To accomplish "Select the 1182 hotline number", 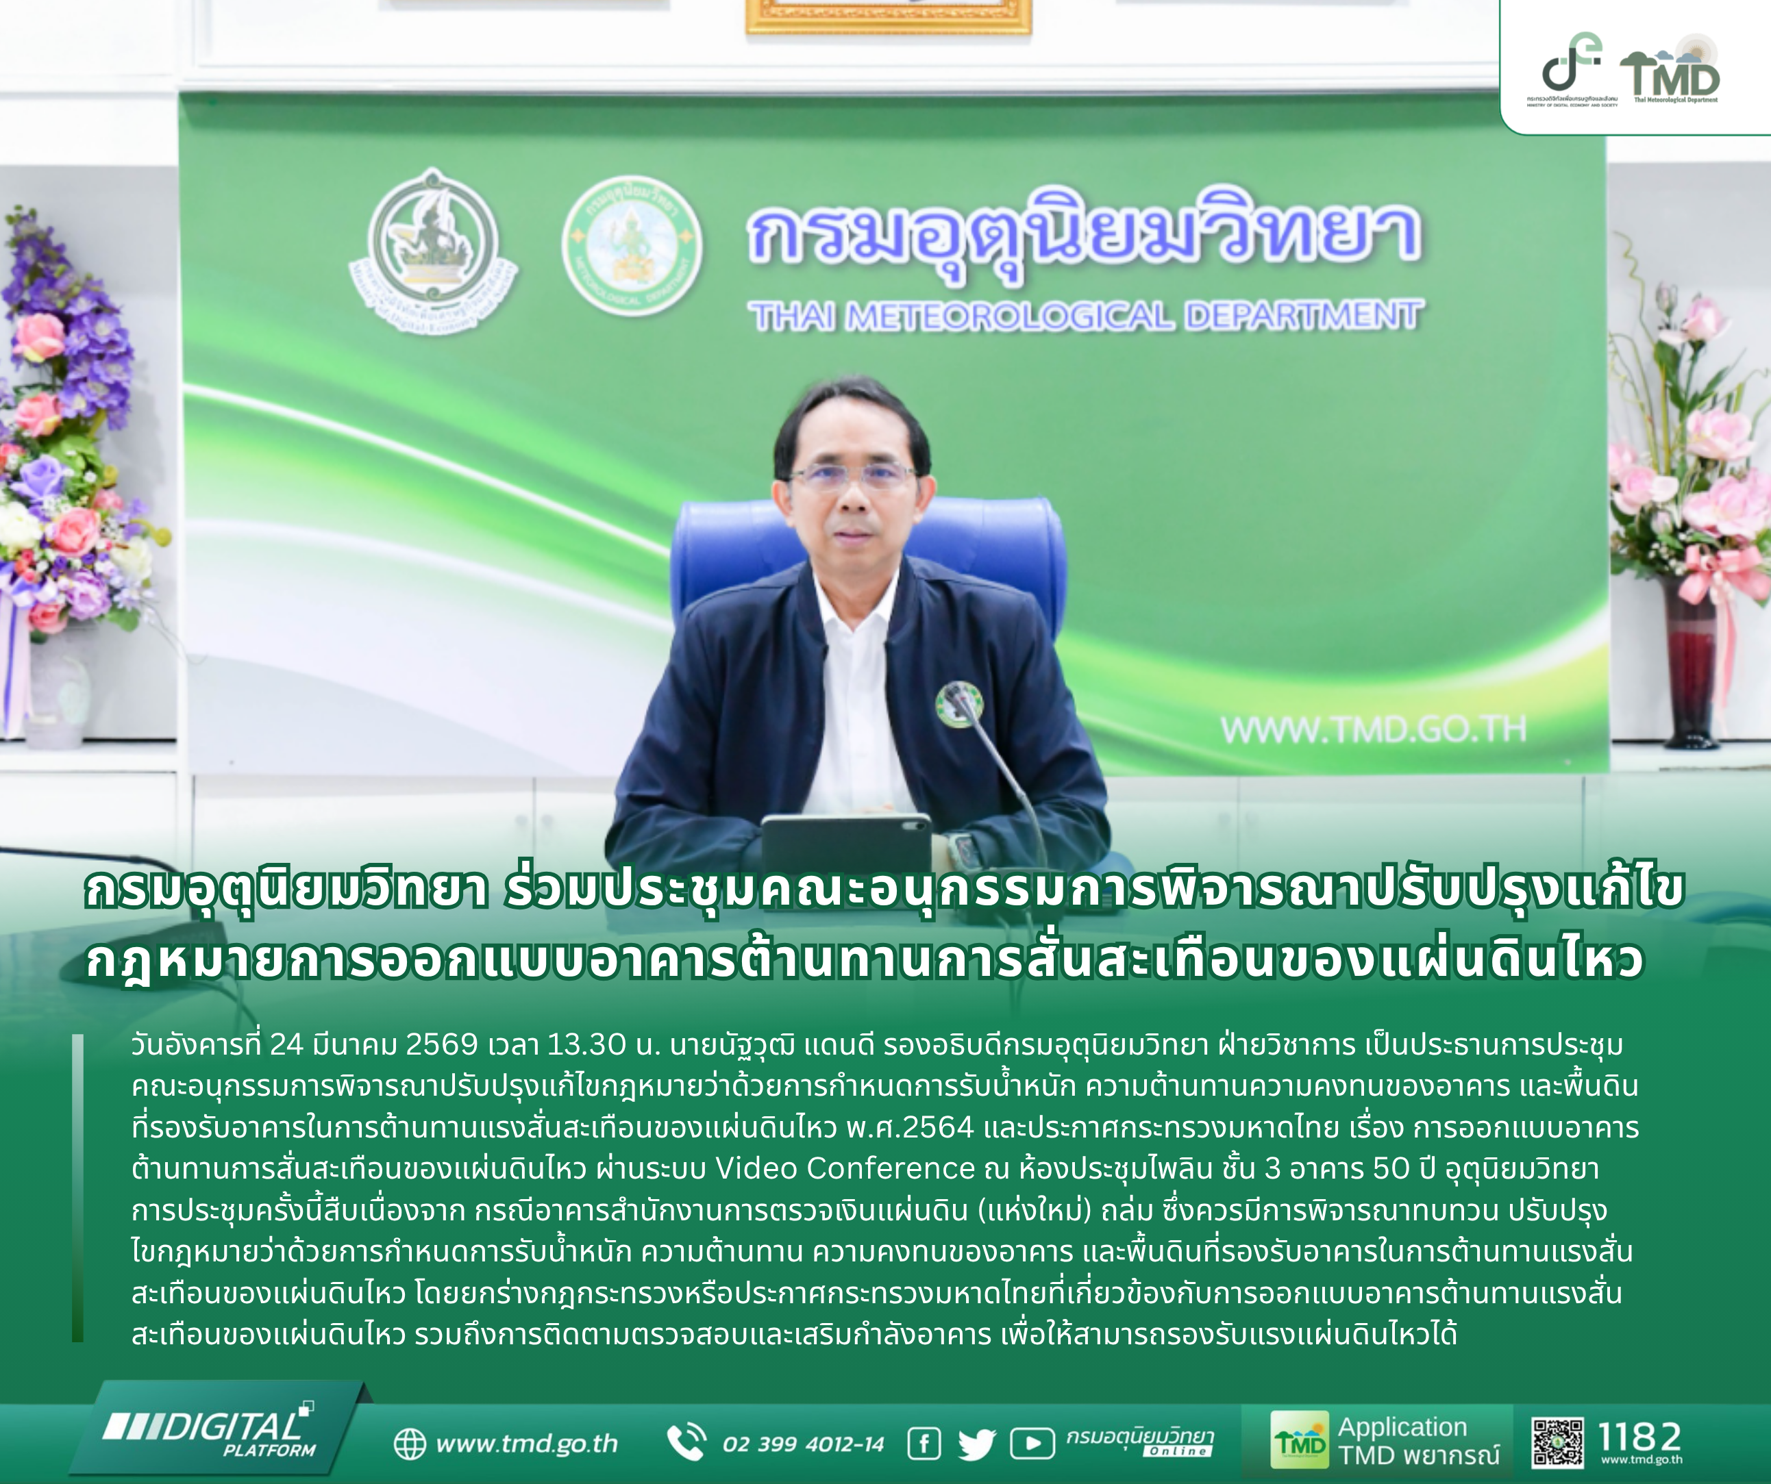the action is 1640,1436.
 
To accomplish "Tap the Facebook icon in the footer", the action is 924,1444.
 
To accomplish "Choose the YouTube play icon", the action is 1032,1444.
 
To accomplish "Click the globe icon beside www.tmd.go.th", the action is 410,1444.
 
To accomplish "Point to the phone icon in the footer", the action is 686,1442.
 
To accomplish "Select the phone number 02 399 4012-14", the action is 803,1444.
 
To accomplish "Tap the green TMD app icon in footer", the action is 1300,1440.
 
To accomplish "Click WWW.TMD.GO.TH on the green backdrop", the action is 1373,729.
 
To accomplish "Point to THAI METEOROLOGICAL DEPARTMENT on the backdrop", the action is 1086,316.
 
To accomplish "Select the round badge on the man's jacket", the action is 959,705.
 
